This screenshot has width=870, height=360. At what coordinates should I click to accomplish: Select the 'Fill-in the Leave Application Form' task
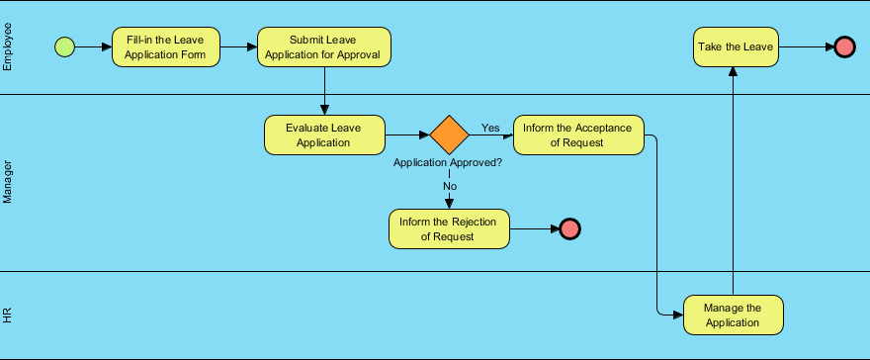165,46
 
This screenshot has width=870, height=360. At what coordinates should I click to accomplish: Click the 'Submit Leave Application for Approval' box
324,46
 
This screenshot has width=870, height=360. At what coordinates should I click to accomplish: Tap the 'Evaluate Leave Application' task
324,135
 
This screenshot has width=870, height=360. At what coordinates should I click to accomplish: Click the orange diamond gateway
449,135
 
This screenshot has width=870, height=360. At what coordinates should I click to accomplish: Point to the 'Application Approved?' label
448,162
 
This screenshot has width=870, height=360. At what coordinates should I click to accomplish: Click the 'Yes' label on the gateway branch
490,128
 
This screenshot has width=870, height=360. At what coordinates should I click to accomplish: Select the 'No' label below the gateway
450,186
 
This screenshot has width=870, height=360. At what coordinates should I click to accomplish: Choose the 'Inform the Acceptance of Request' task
578,135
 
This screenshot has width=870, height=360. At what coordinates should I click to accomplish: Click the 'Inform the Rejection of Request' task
448,228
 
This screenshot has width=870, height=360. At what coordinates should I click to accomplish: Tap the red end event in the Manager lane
569,228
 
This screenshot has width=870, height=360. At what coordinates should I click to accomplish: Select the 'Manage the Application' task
733,315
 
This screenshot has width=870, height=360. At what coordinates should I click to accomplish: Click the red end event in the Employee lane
843,46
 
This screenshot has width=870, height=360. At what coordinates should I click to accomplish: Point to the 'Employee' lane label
9,47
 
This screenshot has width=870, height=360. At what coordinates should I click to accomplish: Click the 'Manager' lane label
9,183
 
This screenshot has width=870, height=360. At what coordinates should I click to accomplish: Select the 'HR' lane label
9,315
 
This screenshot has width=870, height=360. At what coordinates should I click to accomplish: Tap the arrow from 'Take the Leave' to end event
805,46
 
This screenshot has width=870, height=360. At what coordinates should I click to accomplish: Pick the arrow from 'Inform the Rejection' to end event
534,228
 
